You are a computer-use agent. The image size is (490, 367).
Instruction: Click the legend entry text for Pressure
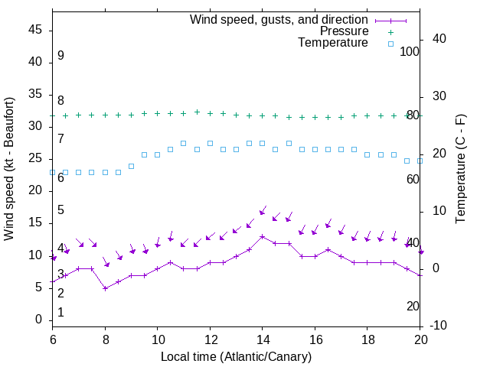point(344,31)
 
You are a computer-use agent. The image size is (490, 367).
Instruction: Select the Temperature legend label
point(333,44)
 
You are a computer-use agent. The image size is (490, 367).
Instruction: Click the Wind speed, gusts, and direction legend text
point(279,19)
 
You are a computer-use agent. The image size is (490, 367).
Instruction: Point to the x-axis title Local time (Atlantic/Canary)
point(237,356)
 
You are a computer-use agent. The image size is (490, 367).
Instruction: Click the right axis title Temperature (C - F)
point(460,169)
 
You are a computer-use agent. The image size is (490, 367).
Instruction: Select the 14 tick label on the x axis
point(263,339)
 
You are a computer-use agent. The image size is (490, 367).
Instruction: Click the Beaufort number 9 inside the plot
point(60,56)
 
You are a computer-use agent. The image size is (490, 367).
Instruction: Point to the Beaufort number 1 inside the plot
point(60,312)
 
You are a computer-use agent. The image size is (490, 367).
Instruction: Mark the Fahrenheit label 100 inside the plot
point(410,51)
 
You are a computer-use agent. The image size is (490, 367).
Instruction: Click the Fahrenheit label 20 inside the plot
point(413,306)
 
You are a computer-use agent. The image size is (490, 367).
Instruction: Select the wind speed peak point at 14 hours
point(263,236)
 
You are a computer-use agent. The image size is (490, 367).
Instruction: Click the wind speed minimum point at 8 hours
point(105,288)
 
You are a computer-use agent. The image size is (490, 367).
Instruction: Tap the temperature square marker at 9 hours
point(132,166)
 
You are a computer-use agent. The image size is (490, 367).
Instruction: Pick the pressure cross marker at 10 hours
point(158,113)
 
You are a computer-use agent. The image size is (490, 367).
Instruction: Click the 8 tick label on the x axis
point(105,339)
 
